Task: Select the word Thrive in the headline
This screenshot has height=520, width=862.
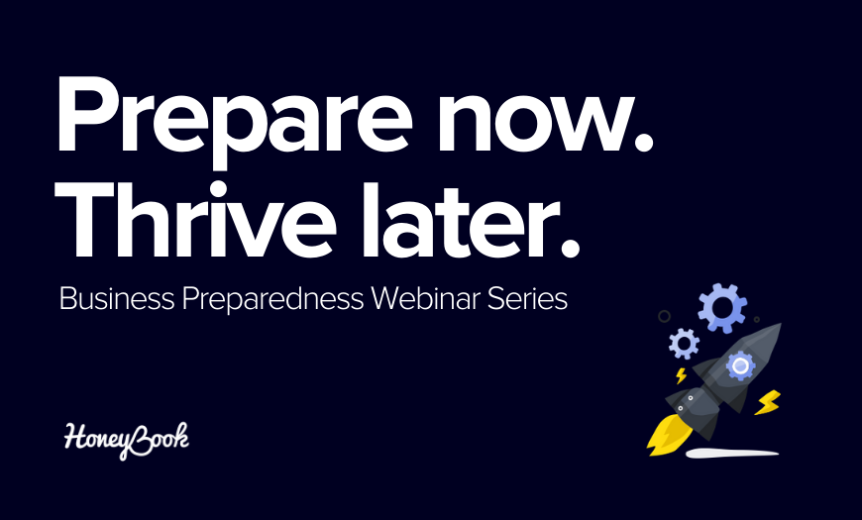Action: (194, 220)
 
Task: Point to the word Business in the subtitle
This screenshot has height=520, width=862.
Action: (117, 299)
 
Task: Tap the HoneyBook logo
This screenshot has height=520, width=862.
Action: (127, 441)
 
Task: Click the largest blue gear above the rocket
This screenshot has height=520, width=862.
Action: (722, 308)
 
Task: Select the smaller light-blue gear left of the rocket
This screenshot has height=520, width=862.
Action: (684, 344)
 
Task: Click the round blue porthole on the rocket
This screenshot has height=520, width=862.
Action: (740, 365)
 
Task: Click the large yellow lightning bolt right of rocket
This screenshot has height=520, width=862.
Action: (768, 402)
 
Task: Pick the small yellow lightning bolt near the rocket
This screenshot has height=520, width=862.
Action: (681, 376)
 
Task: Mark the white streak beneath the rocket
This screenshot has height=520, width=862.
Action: (732, 453)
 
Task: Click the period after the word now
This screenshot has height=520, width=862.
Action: (643, 142)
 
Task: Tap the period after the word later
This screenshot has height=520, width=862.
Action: (570, 248)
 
